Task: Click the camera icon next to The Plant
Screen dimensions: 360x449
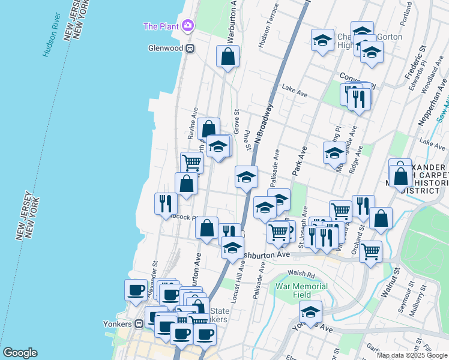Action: (188, 26)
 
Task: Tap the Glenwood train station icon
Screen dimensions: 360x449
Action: (190, 48)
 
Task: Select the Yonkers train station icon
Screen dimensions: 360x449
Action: (139, 323)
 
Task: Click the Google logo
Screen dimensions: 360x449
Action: (20, 353)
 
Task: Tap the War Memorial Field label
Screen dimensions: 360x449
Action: (301, 290)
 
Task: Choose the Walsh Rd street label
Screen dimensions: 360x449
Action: (301, 274)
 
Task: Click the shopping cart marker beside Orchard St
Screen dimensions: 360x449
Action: (370, 250)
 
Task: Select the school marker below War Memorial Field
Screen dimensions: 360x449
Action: (310, 311)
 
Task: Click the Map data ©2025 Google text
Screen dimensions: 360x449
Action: (412, 355)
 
